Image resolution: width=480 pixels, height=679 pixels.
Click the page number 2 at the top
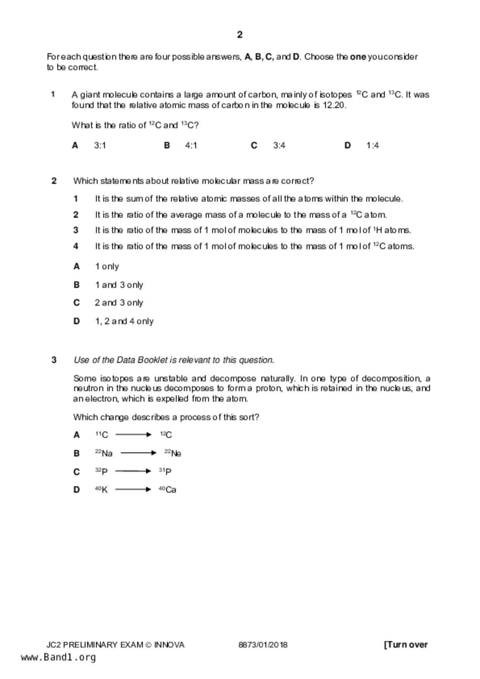point(239,35)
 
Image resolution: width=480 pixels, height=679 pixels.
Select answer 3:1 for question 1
point(100,146)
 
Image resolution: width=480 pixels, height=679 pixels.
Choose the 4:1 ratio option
point(191,146)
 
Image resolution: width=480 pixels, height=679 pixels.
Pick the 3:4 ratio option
point(279,146)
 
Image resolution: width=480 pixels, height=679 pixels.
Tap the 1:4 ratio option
point(372,146)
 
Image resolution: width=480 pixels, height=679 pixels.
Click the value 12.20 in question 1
point(334,105)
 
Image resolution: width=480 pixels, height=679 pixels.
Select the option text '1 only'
point(107,266)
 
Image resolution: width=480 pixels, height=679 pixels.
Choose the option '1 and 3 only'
point(119,285)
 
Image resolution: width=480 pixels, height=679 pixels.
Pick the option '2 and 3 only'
point(119,303)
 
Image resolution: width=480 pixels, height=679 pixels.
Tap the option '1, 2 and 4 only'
point(124,321)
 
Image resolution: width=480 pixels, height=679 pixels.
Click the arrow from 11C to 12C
point(133,435)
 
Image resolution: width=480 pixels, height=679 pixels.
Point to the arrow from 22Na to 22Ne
point(138,453)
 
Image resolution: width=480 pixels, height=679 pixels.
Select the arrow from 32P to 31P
point(133,471)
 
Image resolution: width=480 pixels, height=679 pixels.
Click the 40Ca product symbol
point(167,489)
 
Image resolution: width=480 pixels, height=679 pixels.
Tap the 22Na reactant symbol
point(103,453)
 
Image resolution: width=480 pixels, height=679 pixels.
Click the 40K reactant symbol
point(102,489)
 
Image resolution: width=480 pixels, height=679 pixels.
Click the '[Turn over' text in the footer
point(406,645)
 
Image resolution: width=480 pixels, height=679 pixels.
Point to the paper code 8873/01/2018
point(263,645)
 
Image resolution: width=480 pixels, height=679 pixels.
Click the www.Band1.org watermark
point(58,657)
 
